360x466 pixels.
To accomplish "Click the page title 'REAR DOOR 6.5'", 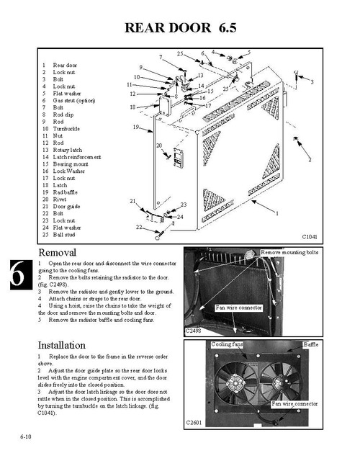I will coord(180,28).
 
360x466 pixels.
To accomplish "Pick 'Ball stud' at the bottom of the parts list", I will coord(63,234).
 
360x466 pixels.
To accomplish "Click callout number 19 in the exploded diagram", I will coord(135,127).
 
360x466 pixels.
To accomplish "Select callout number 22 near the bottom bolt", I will coord(139,228).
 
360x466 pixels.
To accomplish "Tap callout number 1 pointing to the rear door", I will coord(277,214).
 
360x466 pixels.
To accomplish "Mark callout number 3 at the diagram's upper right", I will coord(312,83).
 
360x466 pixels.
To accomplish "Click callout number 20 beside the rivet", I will coord(158,145).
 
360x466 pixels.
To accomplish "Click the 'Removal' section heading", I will coord(62,254).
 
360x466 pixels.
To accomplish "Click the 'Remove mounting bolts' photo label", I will coord(289,253).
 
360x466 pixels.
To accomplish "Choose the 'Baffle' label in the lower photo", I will coord(310,345).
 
